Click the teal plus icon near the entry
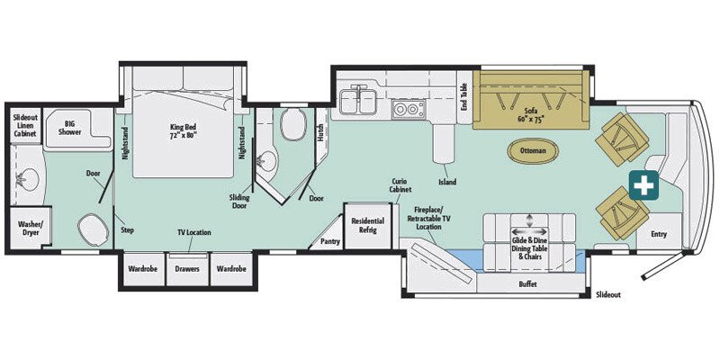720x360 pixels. [643, 184]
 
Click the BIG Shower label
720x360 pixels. [70, 127]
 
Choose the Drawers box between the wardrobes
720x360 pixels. [186, 267]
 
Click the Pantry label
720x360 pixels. [329, 241]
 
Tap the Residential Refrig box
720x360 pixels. [367, 225]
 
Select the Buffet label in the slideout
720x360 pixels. [528, 283]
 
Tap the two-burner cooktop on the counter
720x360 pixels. [409, 110]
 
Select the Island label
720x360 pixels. [446, 182]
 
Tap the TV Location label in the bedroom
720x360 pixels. [193, 232]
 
